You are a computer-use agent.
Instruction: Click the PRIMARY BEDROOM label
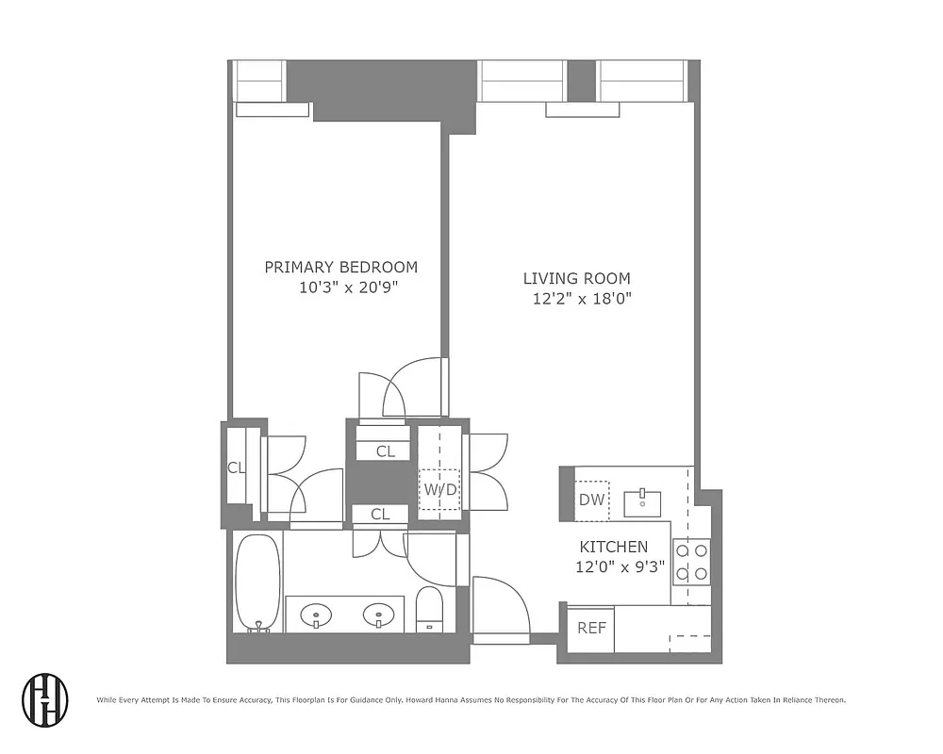click(340, 267)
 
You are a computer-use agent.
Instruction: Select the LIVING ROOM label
click(576, 278)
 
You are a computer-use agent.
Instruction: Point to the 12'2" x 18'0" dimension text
click(580, 299)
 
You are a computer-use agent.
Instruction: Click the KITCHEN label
click(613, 547)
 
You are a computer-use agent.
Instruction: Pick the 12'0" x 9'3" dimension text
click(620, 567)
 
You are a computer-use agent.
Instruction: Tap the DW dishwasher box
click(591, 500)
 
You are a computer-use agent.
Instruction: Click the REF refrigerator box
click(591, 628)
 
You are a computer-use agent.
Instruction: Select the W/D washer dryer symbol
click(439, 490)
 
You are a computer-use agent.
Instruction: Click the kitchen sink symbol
click(642, 502)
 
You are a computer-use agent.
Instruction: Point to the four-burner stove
click(691, 561)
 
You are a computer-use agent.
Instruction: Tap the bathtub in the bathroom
click(256, 582)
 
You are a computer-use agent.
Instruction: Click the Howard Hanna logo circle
click(45, 699)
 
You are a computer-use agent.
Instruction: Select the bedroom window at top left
click(258, 81)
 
